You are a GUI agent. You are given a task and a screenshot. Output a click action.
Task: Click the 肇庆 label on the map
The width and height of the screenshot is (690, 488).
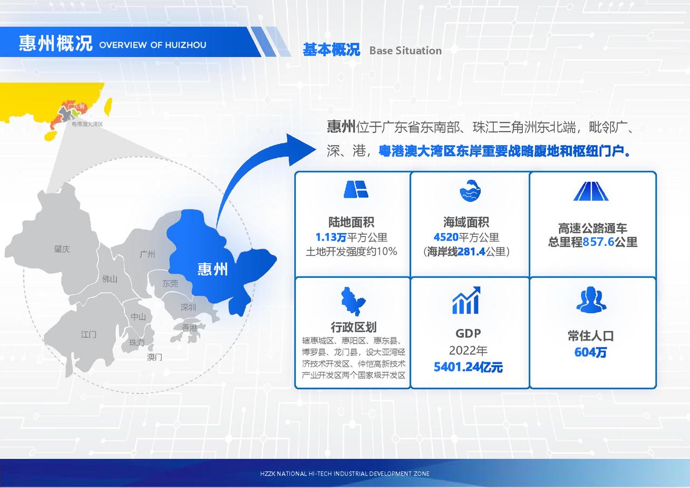click(62, 249)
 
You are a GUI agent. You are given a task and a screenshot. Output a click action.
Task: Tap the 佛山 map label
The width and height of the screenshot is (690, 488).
click(109, 279)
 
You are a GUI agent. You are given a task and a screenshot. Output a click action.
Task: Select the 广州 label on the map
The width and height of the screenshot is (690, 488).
click(147, 254)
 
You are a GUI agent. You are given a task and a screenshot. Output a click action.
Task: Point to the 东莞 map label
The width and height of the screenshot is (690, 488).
click(170, 283)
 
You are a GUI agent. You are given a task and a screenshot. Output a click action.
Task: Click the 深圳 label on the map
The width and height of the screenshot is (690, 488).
click(188, 307)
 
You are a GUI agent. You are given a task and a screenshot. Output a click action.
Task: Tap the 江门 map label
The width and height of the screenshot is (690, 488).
click(88, 334)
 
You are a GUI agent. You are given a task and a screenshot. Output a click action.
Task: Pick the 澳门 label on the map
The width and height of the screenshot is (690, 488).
click(154, 357)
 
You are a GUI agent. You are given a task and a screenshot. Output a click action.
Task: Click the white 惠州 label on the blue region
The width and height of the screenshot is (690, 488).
click(212, 269)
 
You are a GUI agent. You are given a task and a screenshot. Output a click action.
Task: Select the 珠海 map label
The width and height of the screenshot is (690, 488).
click(137, 342)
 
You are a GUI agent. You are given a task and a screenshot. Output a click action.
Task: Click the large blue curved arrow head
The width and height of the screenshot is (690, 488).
click(300, 150)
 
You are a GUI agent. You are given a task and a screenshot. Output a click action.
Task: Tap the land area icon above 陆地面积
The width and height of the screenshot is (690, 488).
click(356, 189)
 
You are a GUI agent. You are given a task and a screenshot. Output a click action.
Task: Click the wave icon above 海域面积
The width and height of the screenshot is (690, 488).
click(470, 190)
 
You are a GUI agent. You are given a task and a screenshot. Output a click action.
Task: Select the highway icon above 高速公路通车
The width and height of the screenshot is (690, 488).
click(591, 191)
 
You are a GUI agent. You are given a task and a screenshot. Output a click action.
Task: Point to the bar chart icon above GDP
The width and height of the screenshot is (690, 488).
click(466, 300)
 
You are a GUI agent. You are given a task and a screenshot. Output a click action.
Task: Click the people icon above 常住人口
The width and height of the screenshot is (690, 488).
click(591, 299)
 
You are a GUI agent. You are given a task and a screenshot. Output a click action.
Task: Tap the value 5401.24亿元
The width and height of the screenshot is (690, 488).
click(468, 367)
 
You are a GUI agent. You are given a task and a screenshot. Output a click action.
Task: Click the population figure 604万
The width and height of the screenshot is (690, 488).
click(590, 352)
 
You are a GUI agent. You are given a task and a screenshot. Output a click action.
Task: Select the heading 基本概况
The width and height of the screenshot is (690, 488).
click(332, 50)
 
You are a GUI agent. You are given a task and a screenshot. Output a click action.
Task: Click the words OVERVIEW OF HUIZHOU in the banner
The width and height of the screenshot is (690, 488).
click(153, 45)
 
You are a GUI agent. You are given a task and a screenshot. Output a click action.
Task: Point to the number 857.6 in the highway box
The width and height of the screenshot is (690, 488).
click(598, 242)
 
